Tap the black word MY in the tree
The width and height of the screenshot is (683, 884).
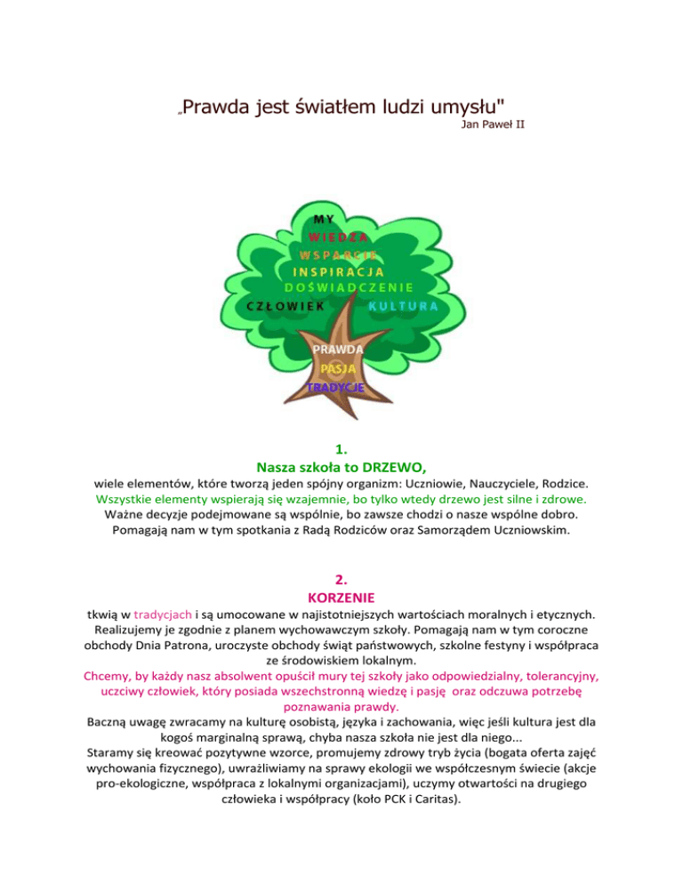click(325, 220)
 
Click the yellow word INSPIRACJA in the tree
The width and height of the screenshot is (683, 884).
click(338, 270)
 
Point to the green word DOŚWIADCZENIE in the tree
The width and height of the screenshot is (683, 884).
click(349, 287)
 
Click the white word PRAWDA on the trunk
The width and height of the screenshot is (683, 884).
click(336, 350)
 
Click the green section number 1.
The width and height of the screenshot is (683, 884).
click(341, 447)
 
